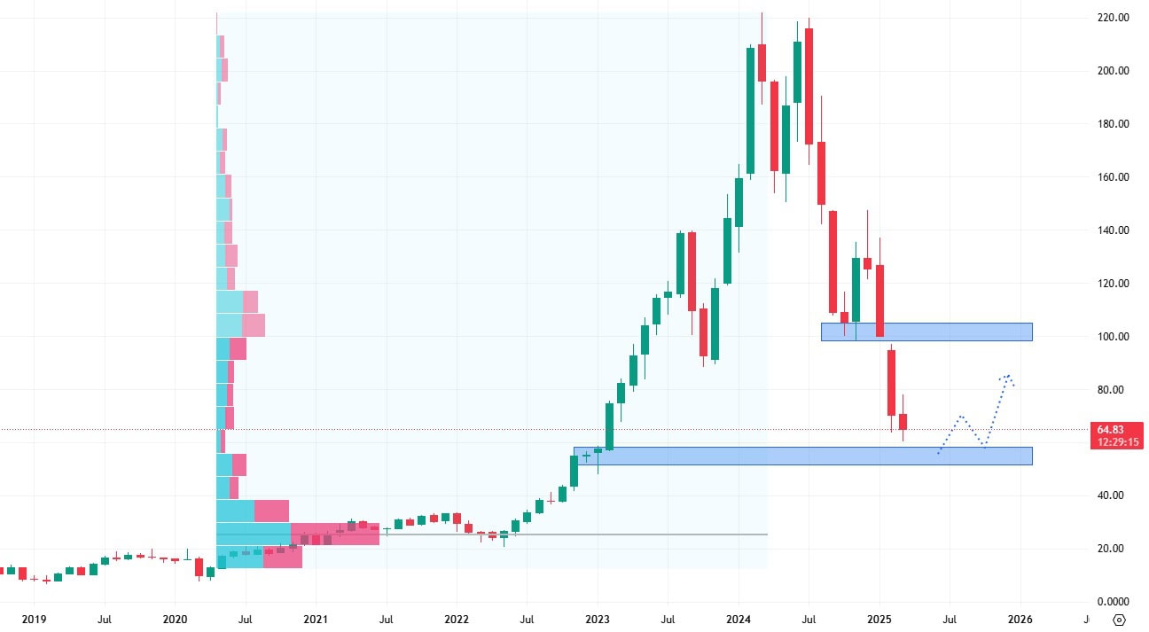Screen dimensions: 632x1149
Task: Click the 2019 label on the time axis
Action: tap(34, 619)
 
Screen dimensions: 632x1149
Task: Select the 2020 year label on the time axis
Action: tap(175, 619)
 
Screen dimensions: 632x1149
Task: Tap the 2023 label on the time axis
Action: tap(598, 619)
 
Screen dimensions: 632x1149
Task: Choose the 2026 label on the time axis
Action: tap(1020, 619)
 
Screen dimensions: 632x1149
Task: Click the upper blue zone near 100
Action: tap(926, 332)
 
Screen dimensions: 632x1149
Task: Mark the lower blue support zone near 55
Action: tap(802, 456)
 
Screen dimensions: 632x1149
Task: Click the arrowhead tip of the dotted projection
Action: tap(1008, 374)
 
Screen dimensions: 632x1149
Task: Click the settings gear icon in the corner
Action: tap(1120, 620)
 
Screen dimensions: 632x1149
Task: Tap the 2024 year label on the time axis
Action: tap(739, 619)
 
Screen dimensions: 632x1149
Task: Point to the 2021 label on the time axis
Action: tap(316, 619)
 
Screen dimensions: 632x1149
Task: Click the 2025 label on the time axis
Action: tap(879, 619)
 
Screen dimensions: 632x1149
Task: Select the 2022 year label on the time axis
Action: tap(457, 619)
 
